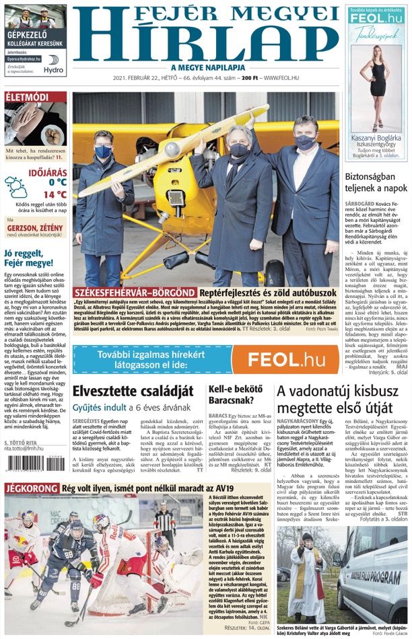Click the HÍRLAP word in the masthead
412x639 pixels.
206,42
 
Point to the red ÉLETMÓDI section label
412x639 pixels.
27,97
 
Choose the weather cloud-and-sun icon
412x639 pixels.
16,186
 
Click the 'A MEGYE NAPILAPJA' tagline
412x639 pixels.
206,67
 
